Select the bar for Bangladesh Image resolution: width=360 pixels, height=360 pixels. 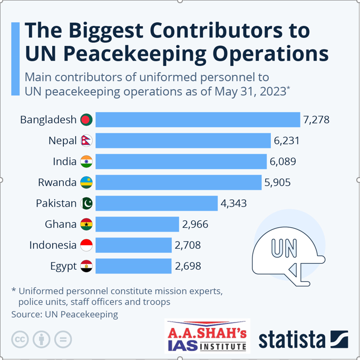(x=198, y=120)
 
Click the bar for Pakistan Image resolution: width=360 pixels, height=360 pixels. (x=157, y=203)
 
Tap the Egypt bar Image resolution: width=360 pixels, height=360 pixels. (x=133, y=266)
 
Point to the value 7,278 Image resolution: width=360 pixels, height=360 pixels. (x=316, y=120)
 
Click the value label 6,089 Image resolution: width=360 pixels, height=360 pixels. (x=283, y=161)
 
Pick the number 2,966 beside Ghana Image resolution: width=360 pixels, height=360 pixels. (x=195, y=224)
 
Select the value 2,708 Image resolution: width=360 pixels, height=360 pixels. (x=187, y=245)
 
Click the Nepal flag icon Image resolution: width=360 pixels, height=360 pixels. (x=86, y=141)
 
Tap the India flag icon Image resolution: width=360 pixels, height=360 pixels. (x=86, y=161)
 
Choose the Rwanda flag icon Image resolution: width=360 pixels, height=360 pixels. (x=86, y=182)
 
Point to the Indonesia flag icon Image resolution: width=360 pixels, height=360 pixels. (x=86, y=245)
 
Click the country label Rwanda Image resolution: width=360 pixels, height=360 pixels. (x=57, y=182)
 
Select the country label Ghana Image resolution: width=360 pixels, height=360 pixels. (x=61, y=224)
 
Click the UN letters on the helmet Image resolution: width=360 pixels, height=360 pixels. (x=283, y=249)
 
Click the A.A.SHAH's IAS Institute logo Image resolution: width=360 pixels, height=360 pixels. (x=207, y=336)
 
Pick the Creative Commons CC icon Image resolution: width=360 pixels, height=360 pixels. (x=20, y=339)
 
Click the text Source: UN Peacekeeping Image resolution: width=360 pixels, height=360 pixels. (x=64, y=315)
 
